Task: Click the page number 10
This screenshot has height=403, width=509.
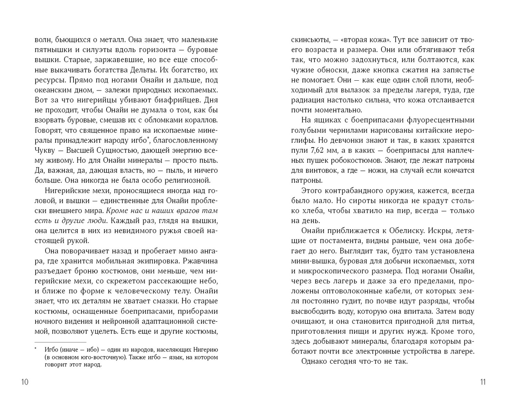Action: (25, 382)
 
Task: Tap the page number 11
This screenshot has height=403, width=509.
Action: (482, 382)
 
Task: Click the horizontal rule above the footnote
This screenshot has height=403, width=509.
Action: (60, 342)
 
